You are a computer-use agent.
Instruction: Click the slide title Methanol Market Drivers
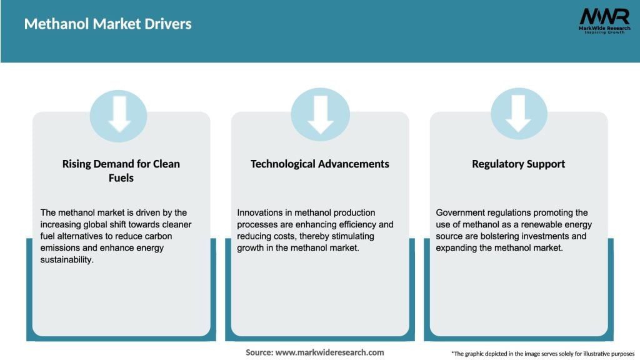tap(107, 24)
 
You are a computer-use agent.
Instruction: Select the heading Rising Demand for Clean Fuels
tap(121, 171)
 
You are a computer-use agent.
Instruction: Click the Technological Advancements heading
tap(319, 164)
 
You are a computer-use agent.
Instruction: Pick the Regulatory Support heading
tap(518, 164)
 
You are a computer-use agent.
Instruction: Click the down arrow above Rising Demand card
tap(119, 114)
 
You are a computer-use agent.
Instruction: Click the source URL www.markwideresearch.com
tap(329, 352)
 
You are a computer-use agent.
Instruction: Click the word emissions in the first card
tap(63, 248)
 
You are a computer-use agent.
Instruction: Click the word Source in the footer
tap(258, 352)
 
